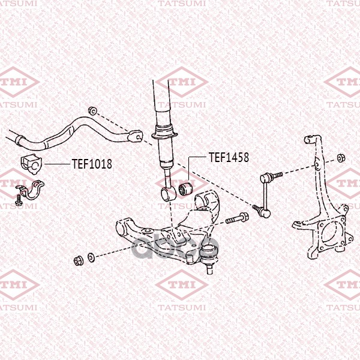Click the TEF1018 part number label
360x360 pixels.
tap(92, 164)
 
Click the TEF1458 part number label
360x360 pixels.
tap(229, 157)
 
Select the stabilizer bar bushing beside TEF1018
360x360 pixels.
tap(31, 164)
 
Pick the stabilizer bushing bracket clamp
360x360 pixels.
tap(31, 190)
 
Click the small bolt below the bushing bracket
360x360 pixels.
tap(18, 200)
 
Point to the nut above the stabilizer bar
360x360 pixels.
tap(93, 111)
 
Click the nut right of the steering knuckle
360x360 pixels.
tap(341, 158)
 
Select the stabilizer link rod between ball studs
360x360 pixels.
tap(266, 194)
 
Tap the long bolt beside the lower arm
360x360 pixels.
tap(237, 218)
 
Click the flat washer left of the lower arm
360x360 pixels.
tap(91, 257)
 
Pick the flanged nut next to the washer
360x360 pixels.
tap(78, 261)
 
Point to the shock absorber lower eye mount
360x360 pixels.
tap(168, 194)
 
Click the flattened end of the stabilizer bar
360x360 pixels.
tap(135, 136)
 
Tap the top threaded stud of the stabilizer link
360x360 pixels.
tap(277, 175)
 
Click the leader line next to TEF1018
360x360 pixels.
tap(57, 164)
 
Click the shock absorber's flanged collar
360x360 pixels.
tap(164, 134)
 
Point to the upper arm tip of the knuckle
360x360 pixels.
tap(311, 139)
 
